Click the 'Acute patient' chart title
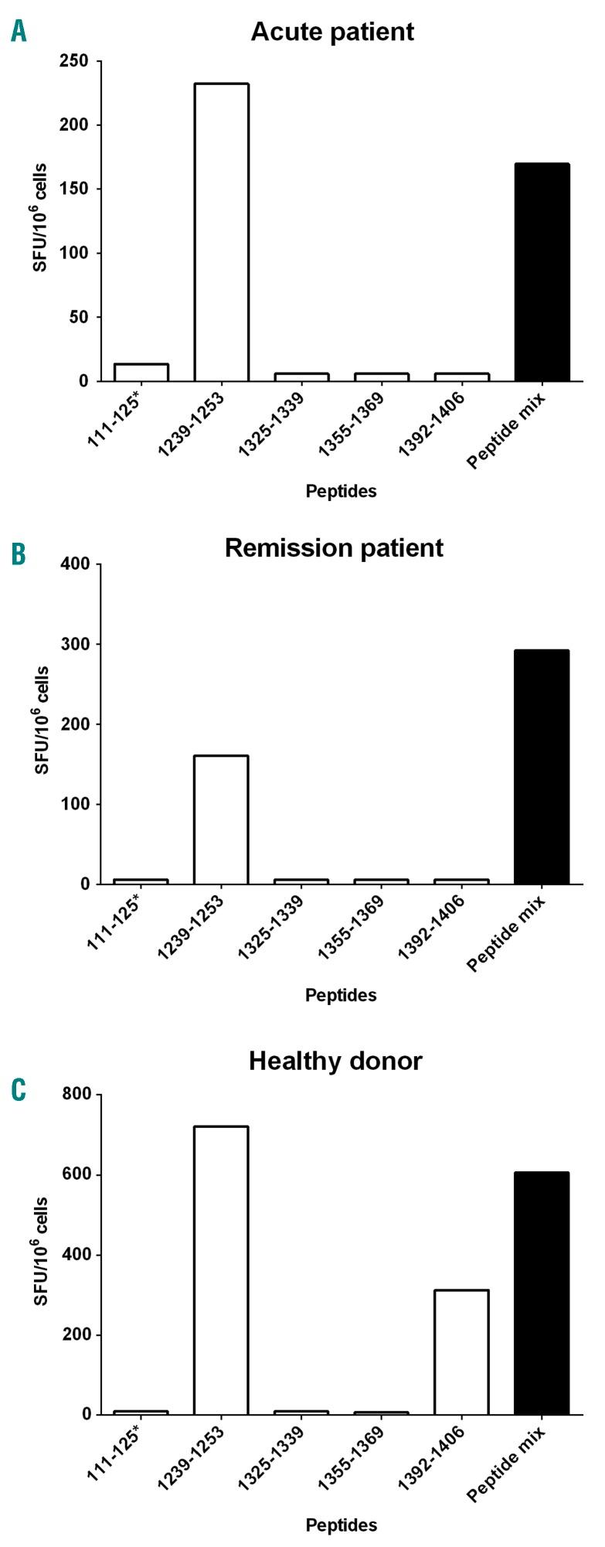tap(332, 32)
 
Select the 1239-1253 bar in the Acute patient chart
tap(221, 232)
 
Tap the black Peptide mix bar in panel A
tap(542, 272)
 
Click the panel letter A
tap(19, 31)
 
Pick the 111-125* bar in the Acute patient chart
tap(141, 373)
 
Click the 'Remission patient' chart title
tap(334, 547)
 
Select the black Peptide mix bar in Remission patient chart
tap(542, 767)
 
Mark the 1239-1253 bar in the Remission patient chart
tap(221, 820)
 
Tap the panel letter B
tap(19, 554)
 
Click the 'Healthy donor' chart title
tap(335, 1060)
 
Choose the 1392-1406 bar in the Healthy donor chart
tap(461, 1352)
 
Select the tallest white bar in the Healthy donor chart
tap(221, 1270)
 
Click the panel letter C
tap(19, 1090)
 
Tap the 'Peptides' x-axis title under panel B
tap(341, 995)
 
